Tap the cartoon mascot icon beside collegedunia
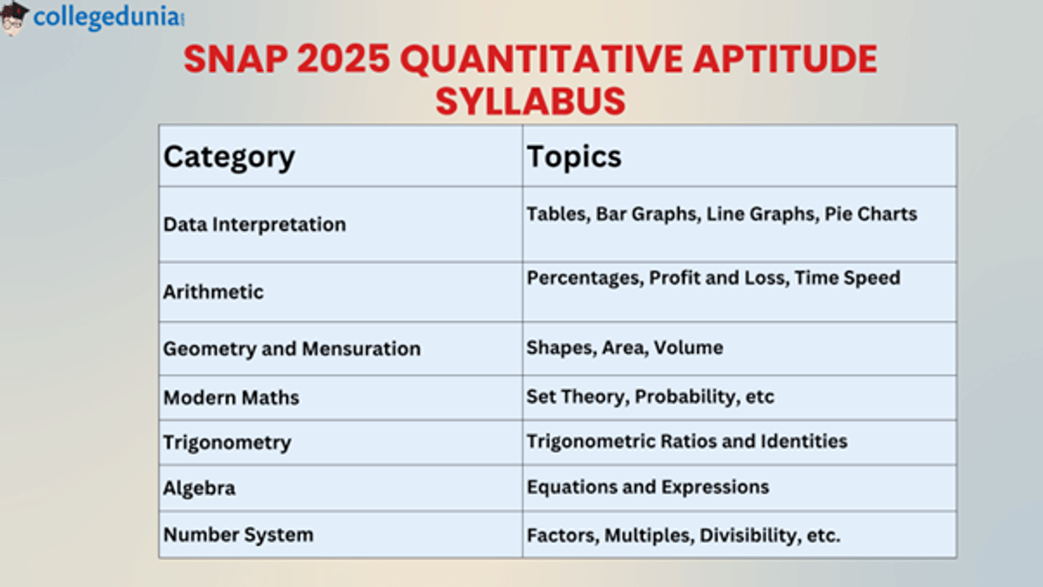[15, 18]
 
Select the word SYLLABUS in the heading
[530, 101]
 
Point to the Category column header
[229, 157]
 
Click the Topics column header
[574, 156]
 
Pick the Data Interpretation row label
[255, 224]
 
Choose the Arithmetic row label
[213, 292]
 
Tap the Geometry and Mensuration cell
[292, 349]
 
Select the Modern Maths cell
[231, 398]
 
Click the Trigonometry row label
[227, 443]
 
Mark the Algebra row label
[199, 488]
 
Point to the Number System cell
[238, 534]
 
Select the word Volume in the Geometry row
[688, 348]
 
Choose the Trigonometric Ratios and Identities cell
[687, 441]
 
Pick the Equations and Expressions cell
[648, 487]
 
